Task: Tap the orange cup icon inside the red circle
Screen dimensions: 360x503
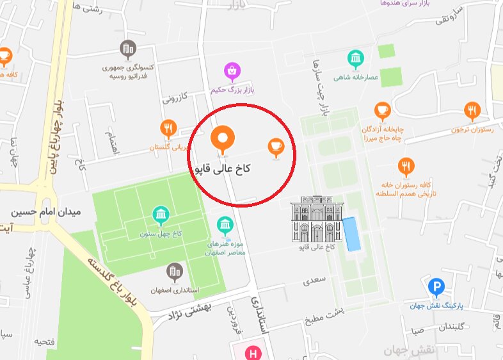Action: pos(276,147)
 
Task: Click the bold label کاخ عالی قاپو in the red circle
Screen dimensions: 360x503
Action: pos(221,169)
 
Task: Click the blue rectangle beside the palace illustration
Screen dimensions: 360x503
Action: pos(351,234)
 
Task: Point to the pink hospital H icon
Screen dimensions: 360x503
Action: pos(254,353)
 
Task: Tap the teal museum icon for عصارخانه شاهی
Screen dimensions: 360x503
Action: pos(355,60)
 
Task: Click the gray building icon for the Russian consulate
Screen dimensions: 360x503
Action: pos(128,48)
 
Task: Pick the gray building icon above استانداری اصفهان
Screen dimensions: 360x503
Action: pos(174,272)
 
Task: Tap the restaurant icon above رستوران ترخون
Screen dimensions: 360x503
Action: pos(472,111)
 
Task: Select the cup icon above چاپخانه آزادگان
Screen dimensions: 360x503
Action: pos(383,111)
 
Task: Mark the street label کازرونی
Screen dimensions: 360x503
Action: pos(175,98)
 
